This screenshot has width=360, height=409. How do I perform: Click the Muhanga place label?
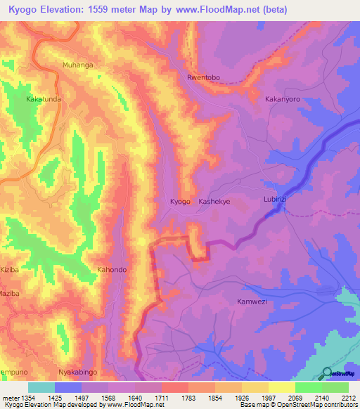click(78, 65)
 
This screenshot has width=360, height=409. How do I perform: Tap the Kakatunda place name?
click(44, 100)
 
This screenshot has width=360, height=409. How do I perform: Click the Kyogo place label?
click(181, 202)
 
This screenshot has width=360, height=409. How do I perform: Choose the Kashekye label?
click(214, 202)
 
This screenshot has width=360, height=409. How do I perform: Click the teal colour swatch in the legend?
click(41, 387)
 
